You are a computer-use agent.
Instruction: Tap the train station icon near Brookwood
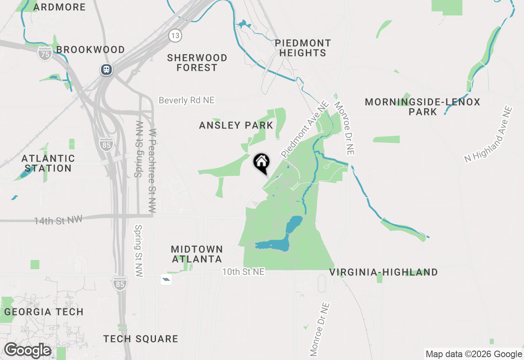click(106, 69)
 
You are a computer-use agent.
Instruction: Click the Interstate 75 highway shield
click(45, 54)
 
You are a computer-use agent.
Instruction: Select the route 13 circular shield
click(175, 36)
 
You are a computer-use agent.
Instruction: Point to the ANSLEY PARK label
click(236, 126)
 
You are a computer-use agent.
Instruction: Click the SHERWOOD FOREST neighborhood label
click(197, 63)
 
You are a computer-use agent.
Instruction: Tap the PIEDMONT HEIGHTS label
click(303, 48)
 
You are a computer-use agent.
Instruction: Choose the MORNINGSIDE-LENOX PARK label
click(422, 106)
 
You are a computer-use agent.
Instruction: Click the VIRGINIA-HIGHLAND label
click(384, 272)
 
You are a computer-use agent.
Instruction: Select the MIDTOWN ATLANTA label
click(197, 254)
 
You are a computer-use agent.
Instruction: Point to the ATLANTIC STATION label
click(48, 163)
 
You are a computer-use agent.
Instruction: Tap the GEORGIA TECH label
click(44, 312)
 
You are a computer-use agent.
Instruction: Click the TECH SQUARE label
click(140, 339)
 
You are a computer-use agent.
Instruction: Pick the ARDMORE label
click(60, 7)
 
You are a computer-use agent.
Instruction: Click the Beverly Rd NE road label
click(186, 100)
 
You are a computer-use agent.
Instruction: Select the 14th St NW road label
click(58, 220)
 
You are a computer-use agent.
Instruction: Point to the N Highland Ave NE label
click(488, 134)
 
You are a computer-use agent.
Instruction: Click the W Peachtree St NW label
click(153, 171)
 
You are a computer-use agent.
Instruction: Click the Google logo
click(27, 351)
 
